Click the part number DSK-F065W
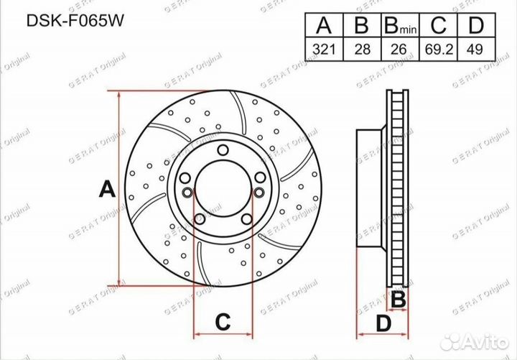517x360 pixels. (75, 21)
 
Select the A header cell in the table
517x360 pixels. (324, 24)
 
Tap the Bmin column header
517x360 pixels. (400, 24)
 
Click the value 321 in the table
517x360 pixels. (324, 49)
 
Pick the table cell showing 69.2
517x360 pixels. (439, 49)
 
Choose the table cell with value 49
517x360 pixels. (477, 49)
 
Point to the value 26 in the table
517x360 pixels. (400, 49)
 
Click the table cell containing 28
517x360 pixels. (363, 49)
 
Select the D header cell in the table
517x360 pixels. (477, 24)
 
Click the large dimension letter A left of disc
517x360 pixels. (107, 189)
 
